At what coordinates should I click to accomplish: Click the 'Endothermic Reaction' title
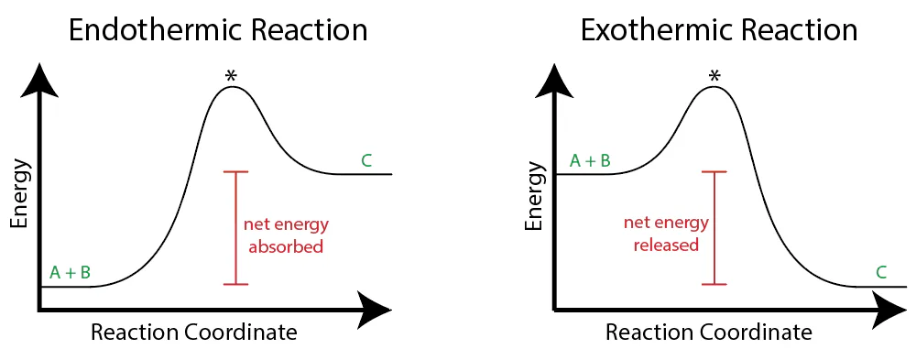pyautogui.click(x=218, y=30)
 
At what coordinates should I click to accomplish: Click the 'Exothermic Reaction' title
pyautogui.click(x=719, y=30)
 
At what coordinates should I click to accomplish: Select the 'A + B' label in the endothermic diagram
pyautogui.click(x=70, y=272)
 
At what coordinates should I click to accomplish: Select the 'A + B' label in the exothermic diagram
pyautogui.click(x=590, y=161)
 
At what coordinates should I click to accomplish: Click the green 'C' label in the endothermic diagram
pyautogui.click(x=366, y=161)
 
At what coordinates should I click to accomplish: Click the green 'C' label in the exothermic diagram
pyautogui.click(x=881, y=272)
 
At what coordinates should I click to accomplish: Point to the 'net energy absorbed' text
pyautogui.click(x=286, y=235)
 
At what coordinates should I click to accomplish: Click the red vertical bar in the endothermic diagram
pyautogui.click(x=236, y=228)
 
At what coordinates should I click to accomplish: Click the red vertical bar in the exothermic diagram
pyautogui.click(x=714, y=228)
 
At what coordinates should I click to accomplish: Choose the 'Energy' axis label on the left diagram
pyautogui.click(x=19, y=193)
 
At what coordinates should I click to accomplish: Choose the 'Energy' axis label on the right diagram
pyautogui.click(x=535, y=193)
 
